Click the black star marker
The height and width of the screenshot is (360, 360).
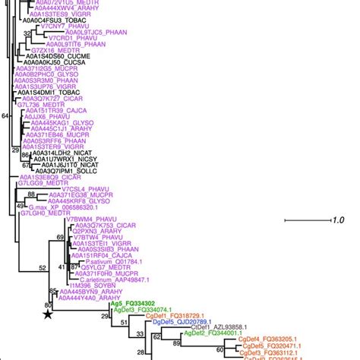48,313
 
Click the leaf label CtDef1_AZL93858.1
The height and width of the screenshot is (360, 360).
221,327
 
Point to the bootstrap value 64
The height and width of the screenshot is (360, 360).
6,115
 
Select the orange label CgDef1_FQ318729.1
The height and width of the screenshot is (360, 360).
172,315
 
